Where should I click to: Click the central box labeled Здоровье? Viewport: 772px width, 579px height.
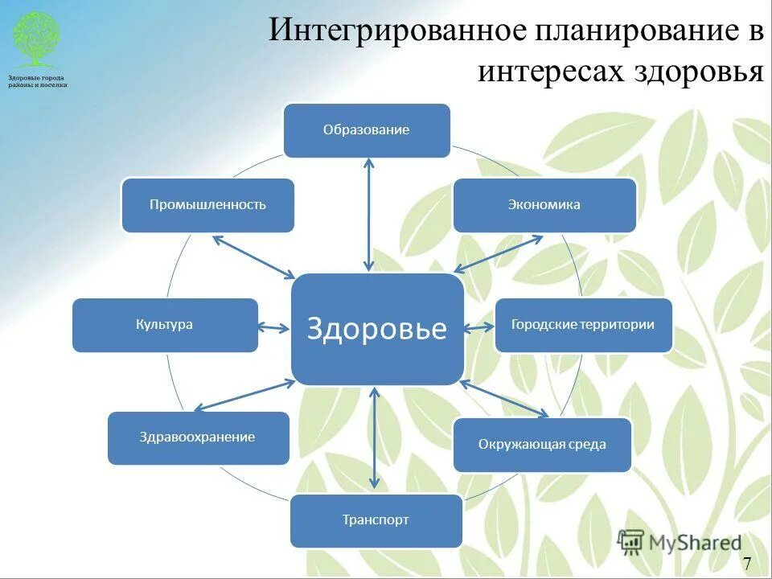click(x=377, y=329)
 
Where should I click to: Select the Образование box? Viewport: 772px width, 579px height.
click(x=367, y=130)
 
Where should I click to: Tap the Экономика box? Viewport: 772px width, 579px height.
click(x=544, y=205)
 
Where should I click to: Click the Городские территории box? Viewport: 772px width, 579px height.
click(x=583, y=325)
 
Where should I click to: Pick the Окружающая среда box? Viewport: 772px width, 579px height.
click(x=542, y=445)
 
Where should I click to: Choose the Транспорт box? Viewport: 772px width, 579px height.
click(x=376, y=520)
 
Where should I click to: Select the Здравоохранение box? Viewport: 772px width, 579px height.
click(x=198, y=437)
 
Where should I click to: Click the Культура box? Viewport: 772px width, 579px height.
click(x=165, y=325)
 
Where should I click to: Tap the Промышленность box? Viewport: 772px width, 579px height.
click(x=207, y=205)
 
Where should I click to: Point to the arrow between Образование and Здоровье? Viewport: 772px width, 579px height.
click(x=369, y=214)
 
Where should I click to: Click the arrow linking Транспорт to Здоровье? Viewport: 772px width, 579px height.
click(x=375, y=439)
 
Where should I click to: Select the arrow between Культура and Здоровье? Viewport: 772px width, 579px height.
click(x=273, y=327)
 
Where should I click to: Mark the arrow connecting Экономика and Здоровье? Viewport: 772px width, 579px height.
click(x=499, y=253)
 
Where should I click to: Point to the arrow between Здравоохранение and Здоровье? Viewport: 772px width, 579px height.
click(x=244, y=395)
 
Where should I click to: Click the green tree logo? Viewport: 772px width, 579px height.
click(x=36, y=38)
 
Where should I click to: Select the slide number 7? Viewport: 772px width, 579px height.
click(x=747, y=563)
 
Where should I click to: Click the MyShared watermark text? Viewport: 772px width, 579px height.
click(x=696, y=543)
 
